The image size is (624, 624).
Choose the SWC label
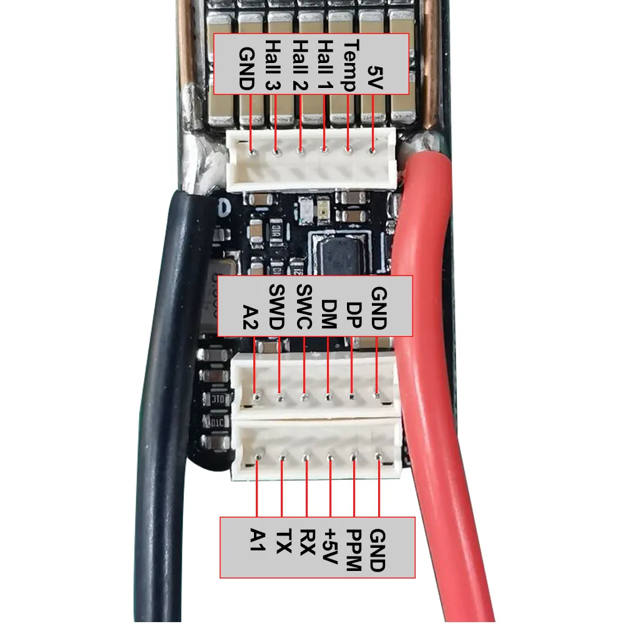303,308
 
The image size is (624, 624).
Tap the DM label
329,315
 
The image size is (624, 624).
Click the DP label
353,315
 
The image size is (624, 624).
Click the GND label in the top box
246,70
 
